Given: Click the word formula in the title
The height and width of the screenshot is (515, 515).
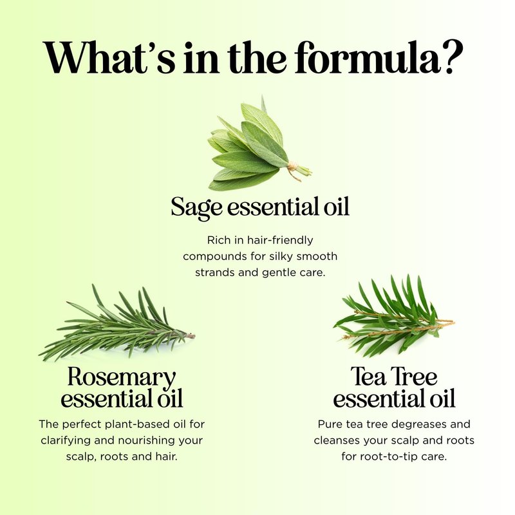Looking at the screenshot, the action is [x=367, y=57].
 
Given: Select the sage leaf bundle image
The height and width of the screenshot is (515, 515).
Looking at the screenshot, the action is [x=259, y=144].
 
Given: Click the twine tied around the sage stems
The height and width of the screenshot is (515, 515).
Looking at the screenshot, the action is [x=294, y=169].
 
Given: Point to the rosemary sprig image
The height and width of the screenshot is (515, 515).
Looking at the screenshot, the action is [x=117, y=324].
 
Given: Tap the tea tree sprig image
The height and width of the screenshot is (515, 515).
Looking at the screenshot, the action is [x=394, y=316].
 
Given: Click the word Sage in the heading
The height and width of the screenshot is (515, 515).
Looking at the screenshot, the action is [x=196, y=207].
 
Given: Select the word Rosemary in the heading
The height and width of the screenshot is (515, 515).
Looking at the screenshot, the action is [x=122, y=377].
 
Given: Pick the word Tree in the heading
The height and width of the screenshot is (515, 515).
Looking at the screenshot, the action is [x=414, y=377].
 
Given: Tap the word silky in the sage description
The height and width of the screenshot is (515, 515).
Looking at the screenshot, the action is [x=282, y=256].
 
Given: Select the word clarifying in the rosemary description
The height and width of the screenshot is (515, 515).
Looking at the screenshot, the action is [x=66, y=440].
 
